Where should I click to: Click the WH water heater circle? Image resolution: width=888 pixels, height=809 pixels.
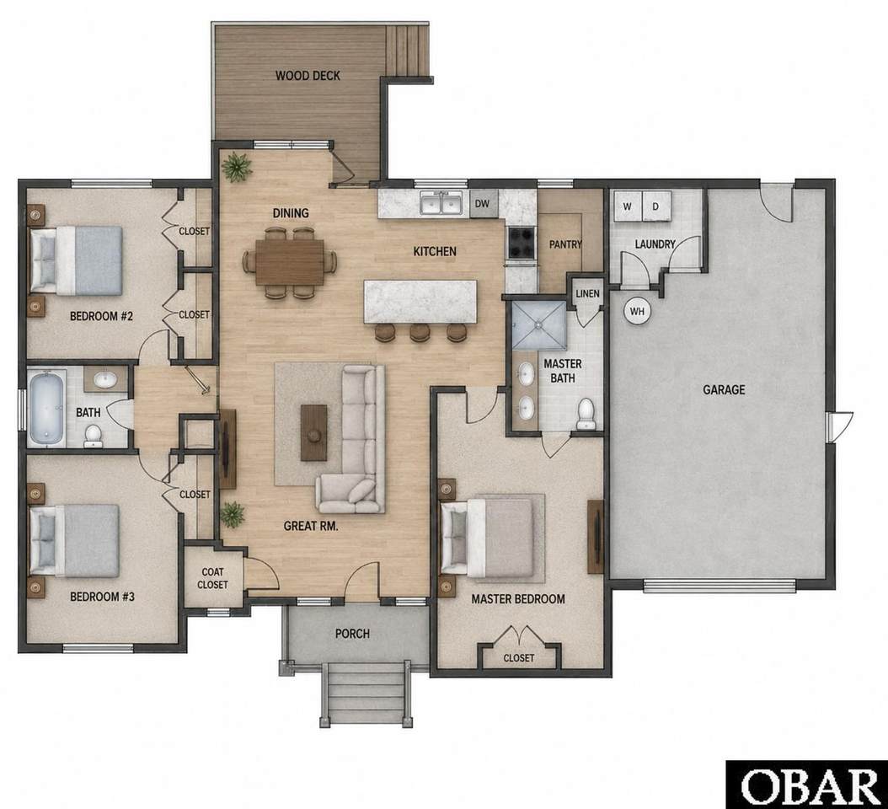(x=637, y=311)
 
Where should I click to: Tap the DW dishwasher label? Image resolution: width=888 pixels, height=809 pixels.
(x=482, y=203)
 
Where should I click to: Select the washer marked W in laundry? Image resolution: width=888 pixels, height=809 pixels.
(x=628, y=206)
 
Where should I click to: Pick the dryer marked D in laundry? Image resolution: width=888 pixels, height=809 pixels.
(x=655, y=206)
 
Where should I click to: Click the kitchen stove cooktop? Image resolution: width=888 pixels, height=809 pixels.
(x=521, y=243)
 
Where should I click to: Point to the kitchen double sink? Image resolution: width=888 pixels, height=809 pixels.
(x=441, y=203)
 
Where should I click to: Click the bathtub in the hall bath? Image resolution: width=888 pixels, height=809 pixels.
(x=46, y=407)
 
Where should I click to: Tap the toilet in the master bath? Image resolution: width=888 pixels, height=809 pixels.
(x=586, y=414)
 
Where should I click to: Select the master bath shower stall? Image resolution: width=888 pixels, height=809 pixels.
(x=538, y=326)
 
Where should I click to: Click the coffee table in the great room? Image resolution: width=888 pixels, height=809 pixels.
(x=313, y=432)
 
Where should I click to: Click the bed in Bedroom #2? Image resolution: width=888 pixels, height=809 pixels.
(x=76, y=260)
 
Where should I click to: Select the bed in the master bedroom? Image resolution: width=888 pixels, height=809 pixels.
(x=487, y=538)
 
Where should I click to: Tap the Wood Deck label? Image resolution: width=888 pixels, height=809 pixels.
(x=308, y=75)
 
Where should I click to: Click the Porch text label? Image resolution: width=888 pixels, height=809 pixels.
(x=352, y=634)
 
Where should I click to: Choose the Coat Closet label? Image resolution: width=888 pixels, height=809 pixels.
(x=212, y=578)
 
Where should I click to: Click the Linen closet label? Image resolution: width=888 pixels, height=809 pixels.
(x=587, y=293)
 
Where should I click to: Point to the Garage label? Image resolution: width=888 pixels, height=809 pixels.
(x=724, y=390)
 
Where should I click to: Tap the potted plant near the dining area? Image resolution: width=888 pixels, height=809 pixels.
(x=236, y=167)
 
